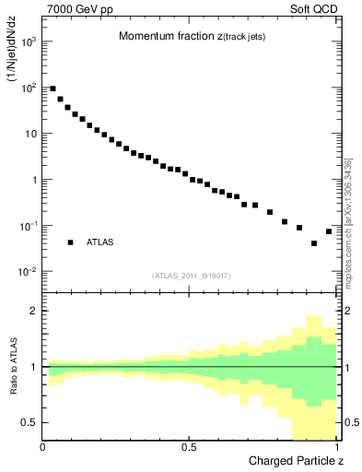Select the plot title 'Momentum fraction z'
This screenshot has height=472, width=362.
pos(180,37)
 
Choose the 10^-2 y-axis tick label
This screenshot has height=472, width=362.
pos(28,272)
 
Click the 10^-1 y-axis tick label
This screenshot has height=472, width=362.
pos(28,226)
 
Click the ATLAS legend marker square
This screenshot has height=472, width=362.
pos(70,242)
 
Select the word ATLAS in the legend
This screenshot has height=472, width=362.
pos(99,242)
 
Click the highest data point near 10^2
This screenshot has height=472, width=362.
pos(53,88)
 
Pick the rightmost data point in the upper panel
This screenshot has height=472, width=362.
pos(329,231)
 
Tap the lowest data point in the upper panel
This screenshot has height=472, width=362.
pos(314,243)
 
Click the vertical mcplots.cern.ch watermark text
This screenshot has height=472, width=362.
pos(348,221)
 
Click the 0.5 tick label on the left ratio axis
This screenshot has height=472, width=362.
pos(30,422)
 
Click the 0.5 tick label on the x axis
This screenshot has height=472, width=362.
pos(189,447)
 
